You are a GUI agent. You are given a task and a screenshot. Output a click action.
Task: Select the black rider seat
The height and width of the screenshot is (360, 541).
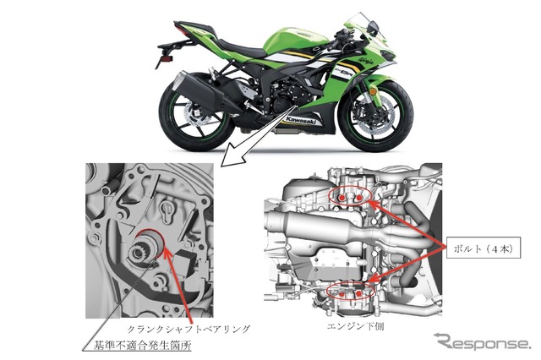click(x=242, y=48)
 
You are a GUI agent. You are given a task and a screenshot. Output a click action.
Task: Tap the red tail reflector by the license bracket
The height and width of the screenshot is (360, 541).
click(x=167, y=59)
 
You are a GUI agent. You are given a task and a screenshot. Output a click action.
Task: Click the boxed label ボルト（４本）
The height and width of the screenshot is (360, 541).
click(x=483, y=248)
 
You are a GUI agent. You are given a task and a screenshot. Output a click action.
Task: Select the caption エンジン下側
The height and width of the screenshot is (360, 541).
click(x=355, y=326)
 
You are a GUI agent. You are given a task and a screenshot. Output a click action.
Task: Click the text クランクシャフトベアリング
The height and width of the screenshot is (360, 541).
click(x=189, y=329)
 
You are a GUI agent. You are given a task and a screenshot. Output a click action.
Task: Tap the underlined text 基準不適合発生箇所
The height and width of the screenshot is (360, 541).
click(x=143, y=345)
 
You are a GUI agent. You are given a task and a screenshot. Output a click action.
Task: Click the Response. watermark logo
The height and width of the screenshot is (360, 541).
click(x=482, y=341)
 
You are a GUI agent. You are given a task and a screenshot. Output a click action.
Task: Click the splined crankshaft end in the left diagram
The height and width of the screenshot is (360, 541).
click(x=138, y=253)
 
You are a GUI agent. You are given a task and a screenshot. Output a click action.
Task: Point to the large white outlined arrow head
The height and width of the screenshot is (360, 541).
click(x=234, y=158)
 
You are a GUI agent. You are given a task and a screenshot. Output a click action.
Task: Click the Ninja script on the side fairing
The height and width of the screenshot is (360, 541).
click(x=366, y=62)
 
